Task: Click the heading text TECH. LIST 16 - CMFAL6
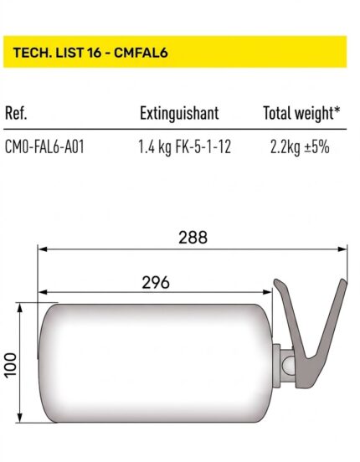90,53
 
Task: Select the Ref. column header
16,113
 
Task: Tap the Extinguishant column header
179,114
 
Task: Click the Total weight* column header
301,114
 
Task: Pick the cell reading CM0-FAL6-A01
44,146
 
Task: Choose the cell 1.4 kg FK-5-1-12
184,147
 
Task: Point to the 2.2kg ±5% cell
300,147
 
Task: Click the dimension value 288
193,238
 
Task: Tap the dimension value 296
156,283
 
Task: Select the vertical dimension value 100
11,364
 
